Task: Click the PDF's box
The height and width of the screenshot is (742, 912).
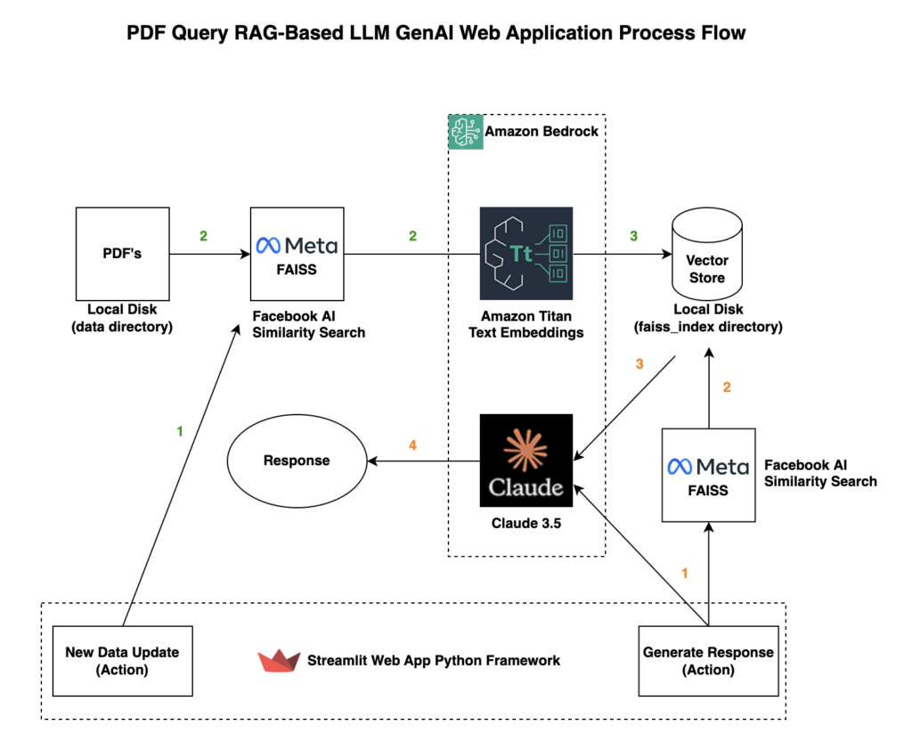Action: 122,254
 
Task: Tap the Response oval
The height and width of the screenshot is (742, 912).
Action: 296,461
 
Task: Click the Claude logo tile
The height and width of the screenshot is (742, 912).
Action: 525,461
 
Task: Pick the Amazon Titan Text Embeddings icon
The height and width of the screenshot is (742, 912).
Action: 525,253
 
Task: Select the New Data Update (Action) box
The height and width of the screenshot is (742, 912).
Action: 122,660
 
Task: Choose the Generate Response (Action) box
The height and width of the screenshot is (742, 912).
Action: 708,660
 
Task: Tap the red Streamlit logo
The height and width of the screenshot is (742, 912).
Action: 279,661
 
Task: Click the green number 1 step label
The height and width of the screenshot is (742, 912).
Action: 180,431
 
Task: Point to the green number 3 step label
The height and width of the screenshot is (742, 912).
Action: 633,236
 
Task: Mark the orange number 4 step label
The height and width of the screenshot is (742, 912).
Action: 411,444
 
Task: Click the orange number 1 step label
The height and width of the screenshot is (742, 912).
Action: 684,574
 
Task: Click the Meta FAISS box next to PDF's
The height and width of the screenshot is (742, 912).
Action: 297,254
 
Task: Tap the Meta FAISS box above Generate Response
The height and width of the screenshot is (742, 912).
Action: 708,475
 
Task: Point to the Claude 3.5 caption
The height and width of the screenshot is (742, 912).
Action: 525,523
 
